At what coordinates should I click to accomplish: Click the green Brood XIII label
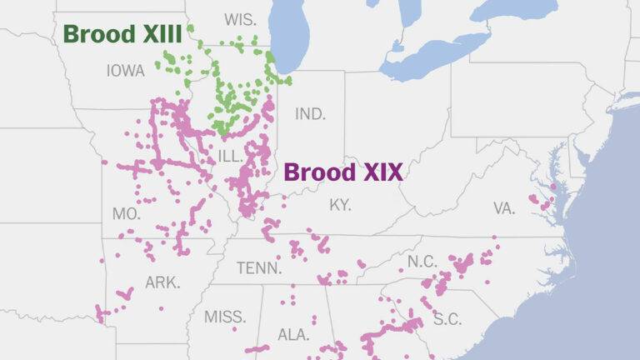[122, 35]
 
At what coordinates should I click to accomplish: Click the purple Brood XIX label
[343, 172]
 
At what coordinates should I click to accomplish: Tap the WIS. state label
[239, 18]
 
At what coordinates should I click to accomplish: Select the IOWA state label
[126, 71]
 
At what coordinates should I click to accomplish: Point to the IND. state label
[310, 113]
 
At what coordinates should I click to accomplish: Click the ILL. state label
[230, 156]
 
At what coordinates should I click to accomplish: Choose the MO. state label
[127, 214]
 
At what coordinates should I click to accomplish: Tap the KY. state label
[340, 204]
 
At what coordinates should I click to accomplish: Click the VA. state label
[504, 208]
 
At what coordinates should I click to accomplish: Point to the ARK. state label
[162, 282]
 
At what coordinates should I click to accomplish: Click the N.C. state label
[422, 262]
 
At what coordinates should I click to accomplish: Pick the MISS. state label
[225, 317]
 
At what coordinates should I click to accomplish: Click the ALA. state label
[293, 334]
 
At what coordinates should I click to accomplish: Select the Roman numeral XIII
[159, 35]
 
